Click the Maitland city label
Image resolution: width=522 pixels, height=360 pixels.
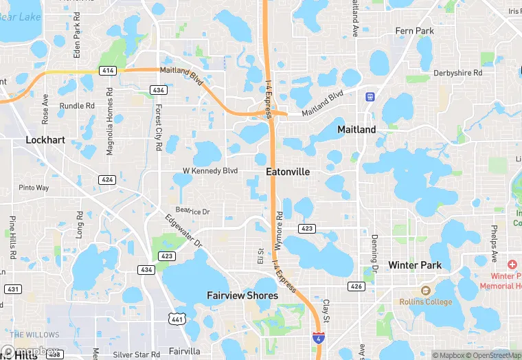coord(356,129)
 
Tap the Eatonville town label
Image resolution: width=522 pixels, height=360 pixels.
coord(288,171)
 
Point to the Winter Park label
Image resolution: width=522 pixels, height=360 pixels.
coord(414,265)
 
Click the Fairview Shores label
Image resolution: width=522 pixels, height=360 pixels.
coord(242,295)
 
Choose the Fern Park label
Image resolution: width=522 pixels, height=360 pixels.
coord(414,31)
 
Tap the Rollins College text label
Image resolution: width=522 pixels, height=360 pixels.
coord(426,302)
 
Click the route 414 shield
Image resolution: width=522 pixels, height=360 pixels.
coord(107,70)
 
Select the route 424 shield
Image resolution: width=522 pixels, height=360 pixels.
coord(107,180)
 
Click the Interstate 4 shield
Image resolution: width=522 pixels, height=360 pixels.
coord(319,338)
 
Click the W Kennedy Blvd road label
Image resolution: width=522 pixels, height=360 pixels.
coord(209,170)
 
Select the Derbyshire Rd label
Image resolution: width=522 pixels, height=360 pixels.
coord(457,73)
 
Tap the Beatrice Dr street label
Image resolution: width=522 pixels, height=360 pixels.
coord(192,212)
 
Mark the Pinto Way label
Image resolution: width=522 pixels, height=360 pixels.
coord(34,188)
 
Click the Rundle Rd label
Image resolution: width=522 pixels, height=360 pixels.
coord(77,106)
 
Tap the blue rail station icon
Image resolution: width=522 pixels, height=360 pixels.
coord(370,97)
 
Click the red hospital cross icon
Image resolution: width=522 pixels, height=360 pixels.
coord(512,265)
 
